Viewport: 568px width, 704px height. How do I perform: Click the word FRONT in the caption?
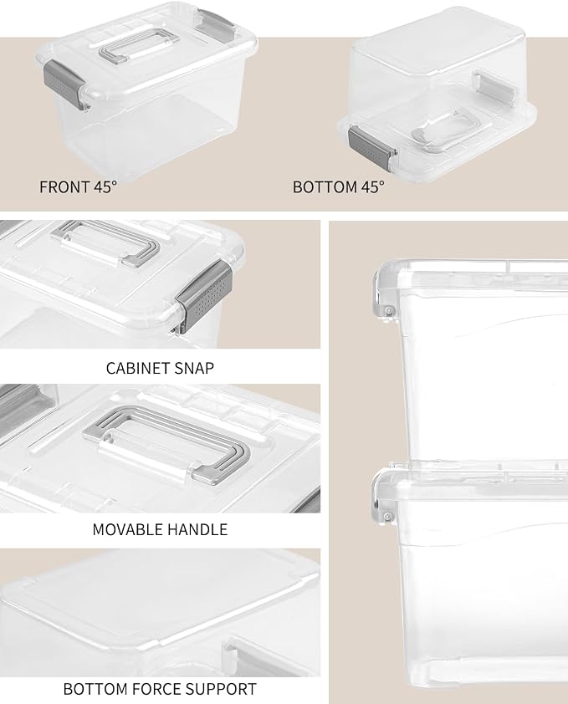[x=64, y=187]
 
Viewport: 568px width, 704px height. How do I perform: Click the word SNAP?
[x=193, y=368]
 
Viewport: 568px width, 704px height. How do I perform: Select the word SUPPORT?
[x=220, y=689]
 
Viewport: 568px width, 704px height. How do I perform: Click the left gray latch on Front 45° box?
[x=64, y=84]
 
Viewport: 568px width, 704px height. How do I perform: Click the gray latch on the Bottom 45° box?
[x=371, y=147]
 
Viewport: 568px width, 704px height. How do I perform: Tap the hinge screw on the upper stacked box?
[x=389, y=310]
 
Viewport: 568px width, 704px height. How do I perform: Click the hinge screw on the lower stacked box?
[x=387, y=517]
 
